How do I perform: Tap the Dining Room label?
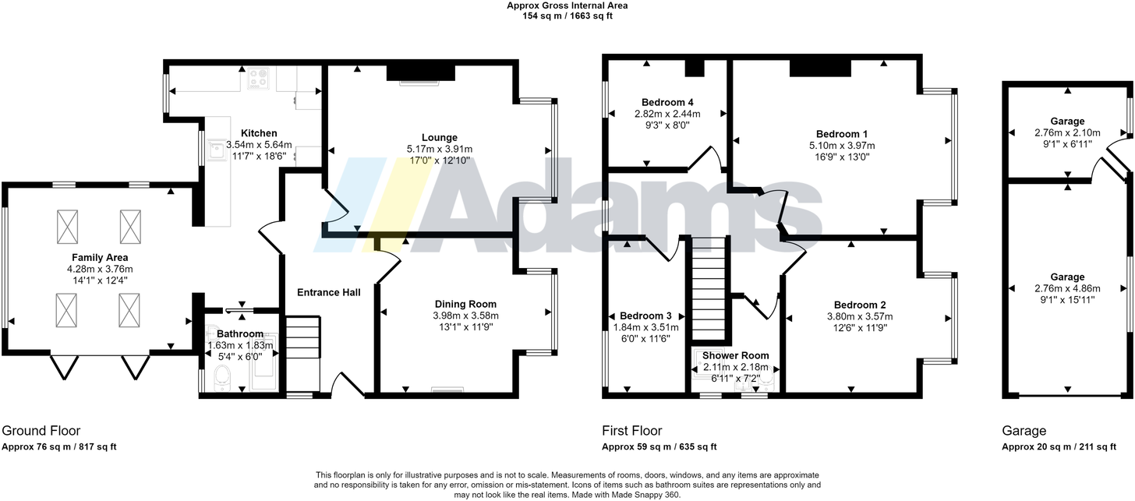[x=465, y=304]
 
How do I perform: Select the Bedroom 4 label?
[x=667, y=102]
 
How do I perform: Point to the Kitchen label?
[x=258, y=133]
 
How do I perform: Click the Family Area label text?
[x=100, y=257]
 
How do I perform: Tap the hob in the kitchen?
[x=258, y=79]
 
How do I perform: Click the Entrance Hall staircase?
[x=303, y=352]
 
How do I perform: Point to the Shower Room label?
[x=736, y=355]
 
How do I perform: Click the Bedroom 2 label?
[x=859, y=305]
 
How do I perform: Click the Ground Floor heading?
[x=41, y=431]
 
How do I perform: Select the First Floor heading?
[x=632, y=431]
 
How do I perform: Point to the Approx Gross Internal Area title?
[x=567, y=5]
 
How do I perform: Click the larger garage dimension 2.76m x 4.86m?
[x=1067, y=288]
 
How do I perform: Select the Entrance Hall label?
[x=329, y=292]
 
